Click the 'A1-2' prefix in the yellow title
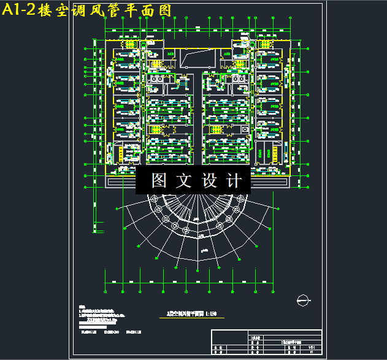pos(19,10)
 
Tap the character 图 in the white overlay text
pos(159,181)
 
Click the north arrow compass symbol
pos(302,299)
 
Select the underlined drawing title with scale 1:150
pos(192,315)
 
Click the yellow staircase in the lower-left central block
pos(156,130)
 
